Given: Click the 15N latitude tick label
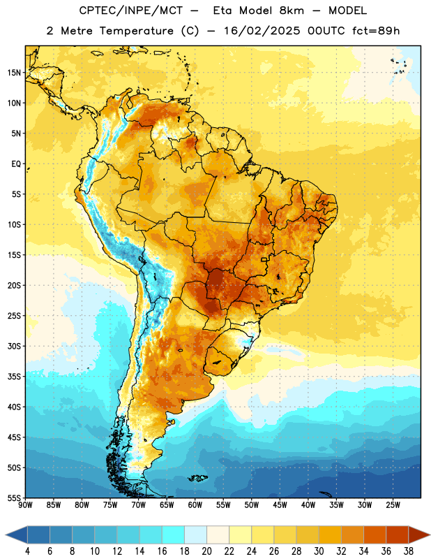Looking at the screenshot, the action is [x=14, y=73].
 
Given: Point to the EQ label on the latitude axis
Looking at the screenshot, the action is [x=16, y=164].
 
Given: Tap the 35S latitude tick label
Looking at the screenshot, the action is [x=14, y=377].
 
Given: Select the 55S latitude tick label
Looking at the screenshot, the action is [x=14, y=498].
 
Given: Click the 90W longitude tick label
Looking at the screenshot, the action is [x=25, y=505].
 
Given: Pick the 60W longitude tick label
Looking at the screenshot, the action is [x=195, y=505].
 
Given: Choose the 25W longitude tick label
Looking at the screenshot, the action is [x=393, y=505].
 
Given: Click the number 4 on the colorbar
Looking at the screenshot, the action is [x=27, y=551].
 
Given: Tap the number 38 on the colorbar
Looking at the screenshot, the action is [x=408, y=551].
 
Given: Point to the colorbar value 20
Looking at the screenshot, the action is [x=206, y=551].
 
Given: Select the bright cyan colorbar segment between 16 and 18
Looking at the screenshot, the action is [x=174, y=535].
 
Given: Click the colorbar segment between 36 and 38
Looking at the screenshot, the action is [x=398, y=535].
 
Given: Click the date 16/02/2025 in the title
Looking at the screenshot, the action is [x=262, y=31].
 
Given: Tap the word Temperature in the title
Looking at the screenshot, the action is [x=136, y=31].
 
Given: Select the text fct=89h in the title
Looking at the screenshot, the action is [x=376, y=31].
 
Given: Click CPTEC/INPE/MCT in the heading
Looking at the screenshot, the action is [x=131, y=10].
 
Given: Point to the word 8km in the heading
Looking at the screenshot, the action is [x=292, y=10].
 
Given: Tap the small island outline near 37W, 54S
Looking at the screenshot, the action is [x=326, y=494].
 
